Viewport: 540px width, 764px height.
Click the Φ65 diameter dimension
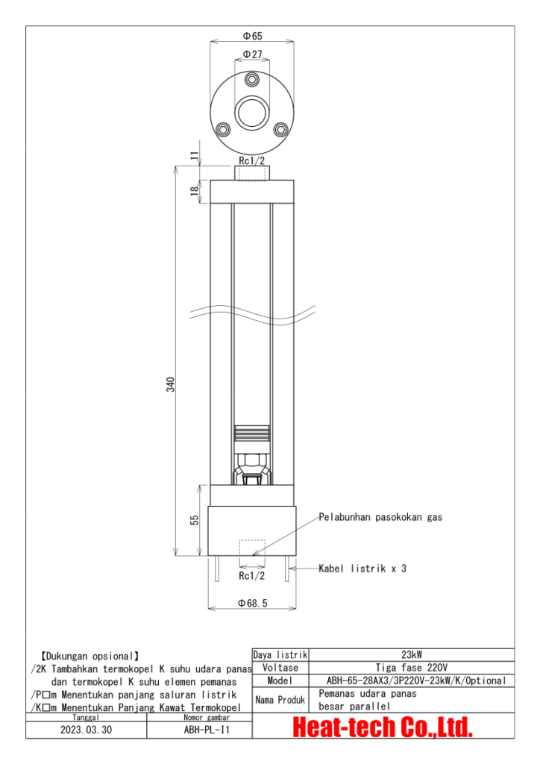(x=252, y=36)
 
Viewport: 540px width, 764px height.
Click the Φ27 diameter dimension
(x=252, y=54)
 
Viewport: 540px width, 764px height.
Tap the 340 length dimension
(x=170, y=385)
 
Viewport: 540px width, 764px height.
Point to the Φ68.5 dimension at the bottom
(x=252, y=602)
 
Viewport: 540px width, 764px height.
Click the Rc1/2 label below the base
(x=251, y=576)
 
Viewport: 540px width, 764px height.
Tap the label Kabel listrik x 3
(x=362, y=569)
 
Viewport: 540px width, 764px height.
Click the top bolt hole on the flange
(x=252, y=80)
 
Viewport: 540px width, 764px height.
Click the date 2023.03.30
(x=87, y=730)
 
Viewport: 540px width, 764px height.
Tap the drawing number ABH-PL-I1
(x=200, y=730)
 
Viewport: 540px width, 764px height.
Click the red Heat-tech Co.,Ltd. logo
(x=383, y=726)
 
